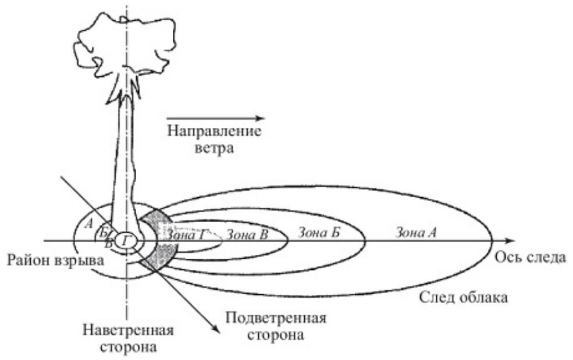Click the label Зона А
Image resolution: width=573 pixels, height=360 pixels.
(x=416, y=233)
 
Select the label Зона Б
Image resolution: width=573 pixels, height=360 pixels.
(x=318, y=233)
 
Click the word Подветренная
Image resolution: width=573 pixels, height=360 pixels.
(x=275, y=319)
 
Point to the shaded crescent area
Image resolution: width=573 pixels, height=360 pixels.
(x=163, y=238)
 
